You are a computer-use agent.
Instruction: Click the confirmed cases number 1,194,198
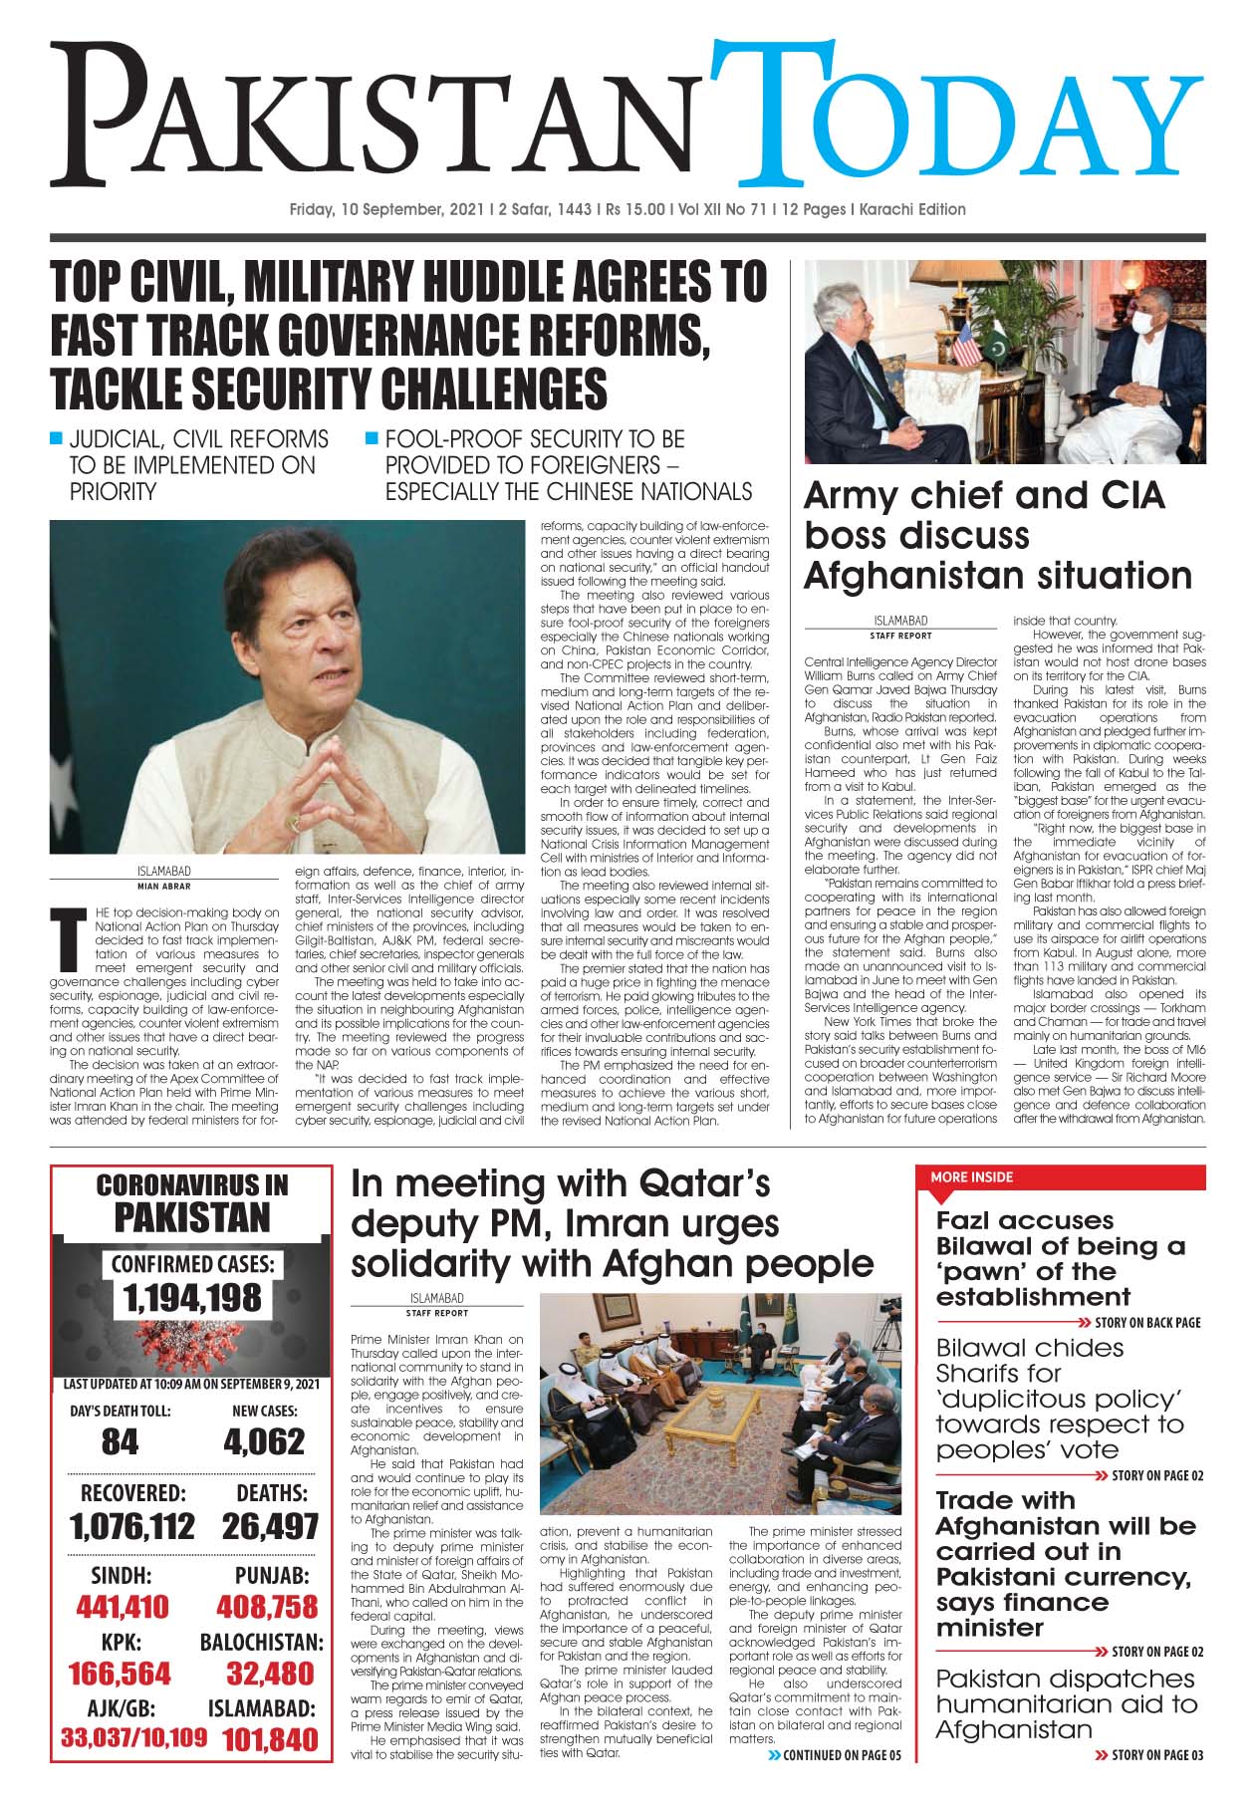point(192,1298)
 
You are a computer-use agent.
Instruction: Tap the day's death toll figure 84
point(121,1441)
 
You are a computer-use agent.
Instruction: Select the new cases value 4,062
point(264,1441)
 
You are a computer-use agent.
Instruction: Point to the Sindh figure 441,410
point(123,1607)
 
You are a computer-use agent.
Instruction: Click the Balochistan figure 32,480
point(270,1674)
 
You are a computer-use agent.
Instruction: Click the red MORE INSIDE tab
point(972,1176)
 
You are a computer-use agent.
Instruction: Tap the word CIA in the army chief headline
point(1124,495)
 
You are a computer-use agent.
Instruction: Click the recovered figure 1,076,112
point(132,1526)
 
